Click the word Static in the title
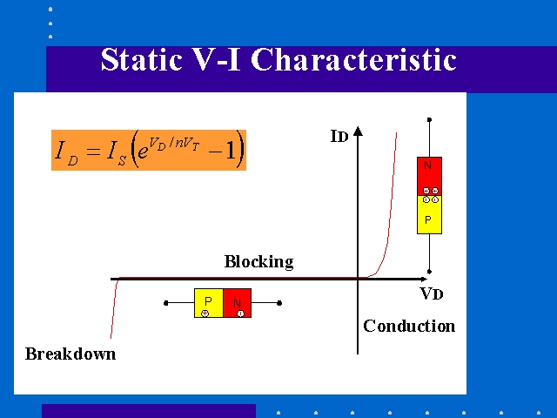(142, 59)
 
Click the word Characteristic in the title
(353, 59)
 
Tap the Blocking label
(259, 262)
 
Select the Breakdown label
(70, 354)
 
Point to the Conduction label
(409, 326)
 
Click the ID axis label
(339, 136)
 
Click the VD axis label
(432, 293)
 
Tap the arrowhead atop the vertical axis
(358, 131)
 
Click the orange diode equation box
(149, 150)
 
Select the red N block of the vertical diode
(429, 176)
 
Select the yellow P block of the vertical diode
(429, 215)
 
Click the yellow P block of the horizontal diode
(209, 303)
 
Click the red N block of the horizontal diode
(238, 303)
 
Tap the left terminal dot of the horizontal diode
(166, 303)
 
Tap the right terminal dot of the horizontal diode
(279, 303)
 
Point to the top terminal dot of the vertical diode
(429, 120)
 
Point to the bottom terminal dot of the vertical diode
(429, 272)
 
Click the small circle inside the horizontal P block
(205, 313)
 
